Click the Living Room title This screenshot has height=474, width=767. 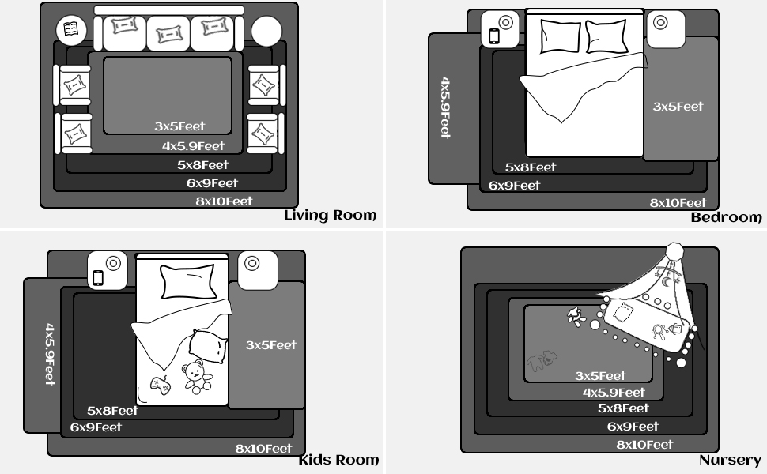[331, 216]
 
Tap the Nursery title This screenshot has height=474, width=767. [730, 460]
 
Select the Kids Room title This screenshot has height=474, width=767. [338, 460]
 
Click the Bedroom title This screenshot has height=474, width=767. [727, 217]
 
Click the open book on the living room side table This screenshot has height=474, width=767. [71, 29]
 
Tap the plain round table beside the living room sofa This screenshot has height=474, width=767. [266, 32]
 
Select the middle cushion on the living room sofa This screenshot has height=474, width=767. [168, 34]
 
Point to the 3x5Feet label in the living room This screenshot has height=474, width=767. [180, 126]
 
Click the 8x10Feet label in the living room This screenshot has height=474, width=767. [224, 201]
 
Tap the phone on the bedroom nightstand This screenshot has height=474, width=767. [494, 36]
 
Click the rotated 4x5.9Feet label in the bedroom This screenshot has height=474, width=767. [445, 107]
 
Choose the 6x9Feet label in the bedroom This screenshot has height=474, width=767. [515, 186]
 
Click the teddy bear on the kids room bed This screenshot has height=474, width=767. [197, 377]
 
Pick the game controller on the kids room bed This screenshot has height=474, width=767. [161, 385]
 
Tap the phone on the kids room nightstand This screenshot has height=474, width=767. [98, 277]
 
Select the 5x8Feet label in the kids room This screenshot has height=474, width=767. [112, 411]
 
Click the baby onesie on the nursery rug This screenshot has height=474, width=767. [542, 360]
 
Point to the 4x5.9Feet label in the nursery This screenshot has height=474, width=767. [614, 393]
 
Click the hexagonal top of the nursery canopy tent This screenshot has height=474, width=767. [675, 250]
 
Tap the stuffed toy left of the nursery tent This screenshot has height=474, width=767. [576, 317]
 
